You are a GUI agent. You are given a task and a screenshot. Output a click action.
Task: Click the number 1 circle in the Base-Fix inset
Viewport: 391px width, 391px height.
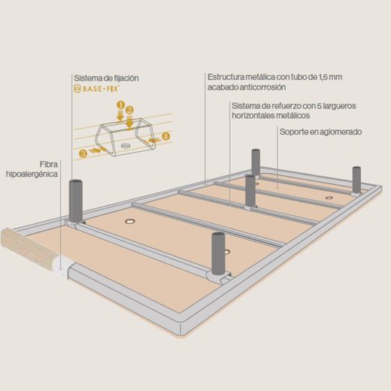(121, 105)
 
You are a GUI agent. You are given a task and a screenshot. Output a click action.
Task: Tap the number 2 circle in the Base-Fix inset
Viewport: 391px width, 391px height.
(129, 110)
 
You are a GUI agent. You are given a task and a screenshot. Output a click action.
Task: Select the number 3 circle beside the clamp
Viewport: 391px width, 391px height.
(83, 153)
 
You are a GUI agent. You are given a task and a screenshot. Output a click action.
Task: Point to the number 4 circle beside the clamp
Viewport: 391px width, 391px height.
(166, 137)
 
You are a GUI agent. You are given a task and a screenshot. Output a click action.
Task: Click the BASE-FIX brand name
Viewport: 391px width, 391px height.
(100, 89)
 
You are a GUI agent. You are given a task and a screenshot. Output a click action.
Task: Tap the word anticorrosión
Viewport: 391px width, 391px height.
(263, 87)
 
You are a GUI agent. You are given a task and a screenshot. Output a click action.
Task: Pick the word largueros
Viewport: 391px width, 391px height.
(340, 106)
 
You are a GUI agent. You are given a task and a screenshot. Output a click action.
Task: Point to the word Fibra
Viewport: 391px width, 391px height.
(49, 165)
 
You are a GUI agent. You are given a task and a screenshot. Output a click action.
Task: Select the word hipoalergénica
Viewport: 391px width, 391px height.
(32, 174)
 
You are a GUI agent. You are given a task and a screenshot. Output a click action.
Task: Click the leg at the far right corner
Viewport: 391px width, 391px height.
(356, 180)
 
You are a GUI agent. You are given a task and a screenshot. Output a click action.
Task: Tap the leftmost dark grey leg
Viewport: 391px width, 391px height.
(76, 201)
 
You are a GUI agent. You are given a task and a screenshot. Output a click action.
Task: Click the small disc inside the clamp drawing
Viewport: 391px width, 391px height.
(126, 146)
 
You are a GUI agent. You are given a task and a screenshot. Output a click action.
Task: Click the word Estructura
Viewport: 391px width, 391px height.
(226, 77)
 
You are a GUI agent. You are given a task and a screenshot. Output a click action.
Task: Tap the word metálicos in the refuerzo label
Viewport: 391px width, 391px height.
(293, 116)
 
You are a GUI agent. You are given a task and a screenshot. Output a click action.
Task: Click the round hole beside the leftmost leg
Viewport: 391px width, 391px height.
(130, 221)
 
